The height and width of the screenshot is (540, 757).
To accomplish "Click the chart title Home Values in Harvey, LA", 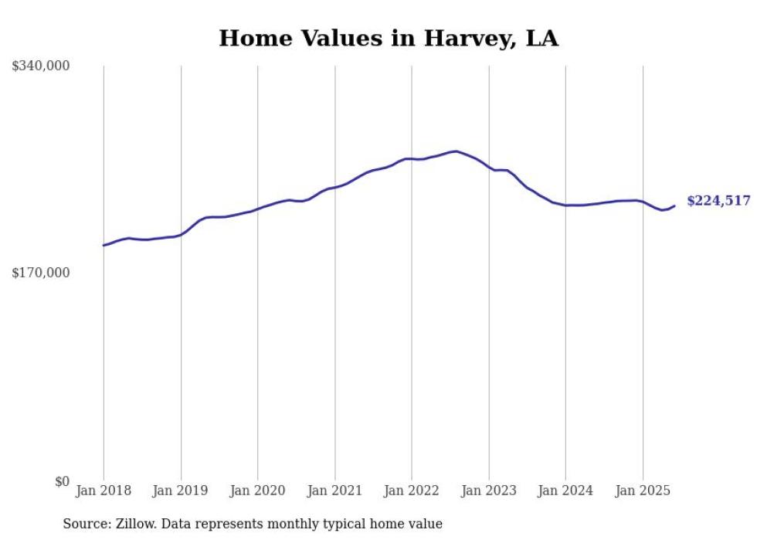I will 388,38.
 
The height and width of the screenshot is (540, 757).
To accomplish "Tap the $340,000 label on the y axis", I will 41,66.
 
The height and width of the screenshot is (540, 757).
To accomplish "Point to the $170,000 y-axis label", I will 41,273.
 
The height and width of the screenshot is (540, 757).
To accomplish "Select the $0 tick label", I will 62,482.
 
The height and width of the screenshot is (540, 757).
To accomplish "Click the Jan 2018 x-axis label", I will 104,491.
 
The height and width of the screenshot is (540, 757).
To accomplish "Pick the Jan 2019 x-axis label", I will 181,491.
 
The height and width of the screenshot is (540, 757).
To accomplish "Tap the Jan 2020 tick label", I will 258,491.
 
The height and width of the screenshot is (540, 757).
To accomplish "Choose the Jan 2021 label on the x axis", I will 334,491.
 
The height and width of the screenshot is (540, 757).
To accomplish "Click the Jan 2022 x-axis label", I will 412,491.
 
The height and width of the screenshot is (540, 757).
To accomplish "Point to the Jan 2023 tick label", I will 489,491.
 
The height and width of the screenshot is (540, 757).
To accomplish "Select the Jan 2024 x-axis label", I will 565,491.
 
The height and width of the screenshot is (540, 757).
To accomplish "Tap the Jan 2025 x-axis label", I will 643,491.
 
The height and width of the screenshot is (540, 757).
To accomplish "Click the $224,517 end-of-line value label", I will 718,201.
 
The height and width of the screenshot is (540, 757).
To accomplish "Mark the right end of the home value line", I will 675,205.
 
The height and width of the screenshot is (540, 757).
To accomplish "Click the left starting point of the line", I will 104,246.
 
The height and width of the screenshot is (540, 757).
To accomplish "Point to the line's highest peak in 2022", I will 457,151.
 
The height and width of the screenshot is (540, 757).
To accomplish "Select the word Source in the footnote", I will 84,524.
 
